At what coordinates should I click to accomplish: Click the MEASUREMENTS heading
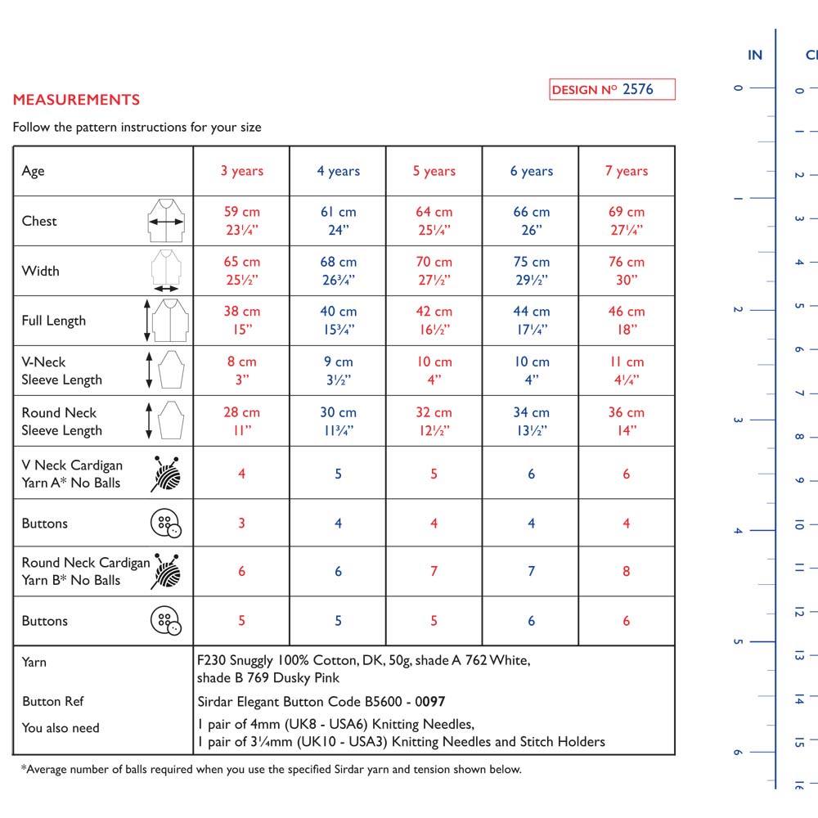click(x=76, y=100)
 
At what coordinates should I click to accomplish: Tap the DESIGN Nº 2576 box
click(x=612, y=90)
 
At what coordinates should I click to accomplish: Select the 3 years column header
click(x=241, y=171)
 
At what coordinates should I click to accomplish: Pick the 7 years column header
click(x=627, y=171)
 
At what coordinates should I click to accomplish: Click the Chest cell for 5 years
click(x=434, y=221)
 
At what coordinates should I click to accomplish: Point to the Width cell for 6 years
click(x=531, y=271)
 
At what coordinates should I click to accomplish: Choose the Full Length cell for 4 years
click(x=338, y=321)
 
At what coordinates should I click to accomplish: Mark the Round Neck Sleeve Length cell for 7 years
click(x=627, y=421)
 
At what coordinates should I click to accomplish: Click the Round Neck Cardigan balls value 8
click(x=627, y=571)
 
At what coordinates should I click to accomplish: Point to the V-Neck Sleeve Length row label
click(x=62, y=371)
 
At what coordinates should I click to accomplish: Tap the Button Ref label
click(x=53, y=701)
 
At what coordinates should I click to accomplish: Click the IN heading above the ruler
click(x=755, y=56)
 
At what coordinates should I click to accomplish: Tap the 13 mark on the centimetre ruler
click(x=799, y=655)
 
